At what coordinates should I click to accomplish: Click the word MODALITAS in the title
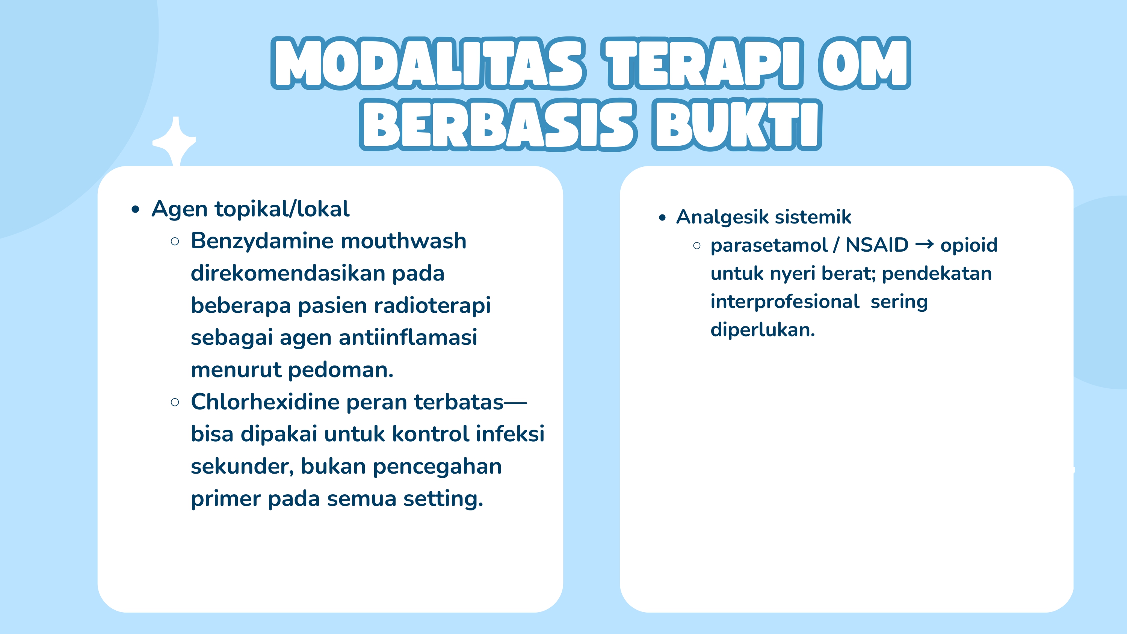(428, 63)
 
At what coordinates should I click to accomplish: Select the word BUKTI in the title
(737, 125)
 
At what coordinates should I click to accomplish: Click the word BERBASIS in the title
(497, 125)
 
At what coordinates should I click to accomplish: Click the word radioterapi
(438, 305)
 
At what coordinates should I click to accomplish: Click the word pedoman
(341, 370)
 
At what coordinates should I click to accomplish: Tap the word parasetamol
(769, 245)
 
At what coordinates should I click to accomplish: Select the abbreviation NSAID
(877, 245)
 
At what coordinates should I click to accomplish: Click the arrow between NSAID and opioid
(925, 244)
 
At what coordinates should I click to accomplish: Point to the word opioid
(968, 245)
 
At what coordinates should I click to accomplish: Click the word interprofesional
(784, 302)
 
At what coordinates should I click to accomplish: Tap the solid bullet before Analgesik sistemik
(662, 218)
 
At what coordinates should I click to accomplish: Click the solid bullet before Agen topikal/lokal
(136, 210)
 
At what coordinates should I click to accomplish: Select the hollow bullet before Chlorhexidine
(175, 403)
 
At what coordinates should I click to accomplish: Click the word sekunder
(242, 466)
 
